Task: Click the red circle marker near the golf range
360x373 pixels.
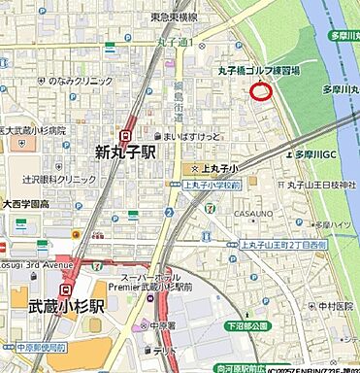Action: click(x=260, y=91)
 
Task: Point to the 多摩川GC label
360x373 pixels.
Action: click(x=314, y=153)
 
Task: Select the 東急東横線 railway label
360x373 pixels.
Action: click(x=175, y=17)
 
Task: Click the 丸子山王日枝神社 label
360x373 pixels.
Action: click(x=321, y=185)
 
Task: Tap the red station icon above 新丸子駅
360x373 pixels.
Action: click(x=127, y=136)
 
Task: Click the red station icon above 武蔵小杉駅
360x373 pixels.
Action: click(x=66, y=288)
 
